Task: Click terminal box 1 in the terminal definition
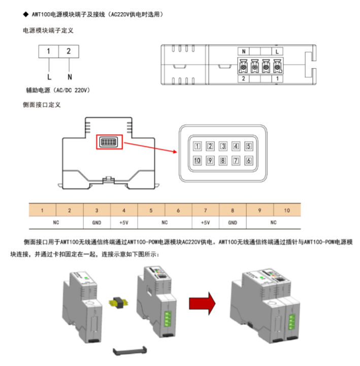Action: (48, 51)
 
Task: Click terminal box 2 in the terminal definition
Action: (69, 51)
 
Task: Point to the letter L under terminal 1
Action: (49, 77)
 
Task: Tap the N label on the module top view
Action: (244, 51)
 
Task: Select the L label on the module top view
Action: (277, 51)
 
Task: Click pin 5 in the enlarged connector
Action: (248, 146)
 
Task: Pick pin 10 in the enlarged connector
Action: (197, 161)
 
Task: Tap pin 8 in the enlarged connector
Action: (222, 161)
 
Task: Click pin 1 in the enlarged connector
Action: (197, 146)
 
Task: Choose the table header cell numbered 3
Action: (97, 210)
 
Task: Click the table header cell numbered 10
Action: (287, 210)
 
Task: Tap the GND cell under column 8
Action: (232, 223)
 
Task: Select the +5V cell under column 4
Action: (124, 223)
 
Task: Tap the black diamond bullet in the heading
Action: (25, 15)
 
